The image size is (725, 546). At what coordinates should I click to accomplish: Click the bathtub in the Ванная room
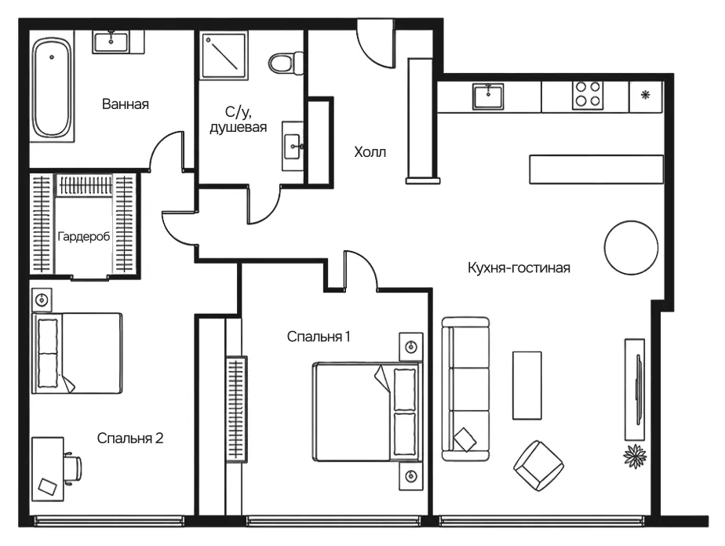[x=53, y=89]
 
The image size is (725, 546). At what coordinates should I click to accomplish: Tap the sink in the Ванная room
[x=111, y=42]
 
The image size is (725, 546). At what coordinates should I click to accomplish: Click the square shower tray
[x=224, y=55]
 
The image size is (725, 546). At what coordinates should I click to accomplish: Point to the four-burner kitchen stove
[x=588, y=95]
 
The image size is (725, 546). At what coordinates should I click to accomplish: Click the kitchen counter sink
[x=488, y=96]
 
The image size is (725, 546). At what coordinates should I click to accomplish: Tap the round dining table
[x=631, y=247]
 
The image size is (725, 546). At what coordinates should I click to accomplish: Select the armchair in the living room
[x=538, y=465]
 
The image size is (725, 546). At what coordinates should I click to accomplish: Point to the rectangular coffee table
[x=527, y=385]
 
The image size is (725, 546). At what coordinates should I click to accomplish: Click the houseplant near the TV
[x=635, y=457]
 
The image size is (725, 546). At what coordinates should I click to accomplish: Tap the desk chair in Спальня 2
[x=73, y=469]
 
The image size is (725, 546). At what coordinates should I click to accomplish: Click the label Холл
[x=370, y=152]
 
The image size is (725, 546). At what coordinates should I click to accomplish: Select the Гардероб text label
[x=84, y=237]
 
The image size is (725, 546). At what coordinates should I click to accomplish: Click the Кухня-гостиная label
[x=519, y=268]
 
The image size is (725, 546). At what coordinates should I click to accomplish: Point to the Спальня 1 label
[x=319, y=337]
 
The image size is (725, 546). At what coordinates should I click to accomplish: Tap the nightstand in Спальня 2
[x=42, y=300]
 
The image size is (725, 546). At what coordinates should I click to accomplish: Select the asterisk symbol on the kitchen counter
[x=646, y=95]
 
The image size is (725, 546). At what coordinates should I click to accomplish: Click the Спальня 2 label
[x=130, y=438]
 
